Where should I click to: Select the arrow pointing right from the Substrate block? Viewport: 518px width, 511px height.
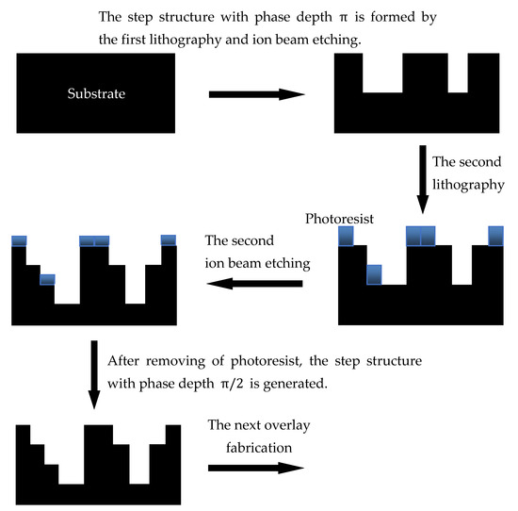(x=256, y=94)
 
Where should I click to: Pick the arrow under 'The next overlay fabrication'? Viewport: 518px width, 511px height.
(x=256, y=468)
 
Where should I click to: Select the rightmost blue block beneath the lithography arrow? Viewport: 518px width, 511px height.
(x=495, y=235)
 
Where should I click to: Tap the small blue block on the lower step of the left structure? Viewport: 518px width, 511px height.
(x=47, y=279)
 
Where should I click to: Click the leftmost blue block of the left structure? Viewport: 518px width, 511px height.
(x=18, y=240)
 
